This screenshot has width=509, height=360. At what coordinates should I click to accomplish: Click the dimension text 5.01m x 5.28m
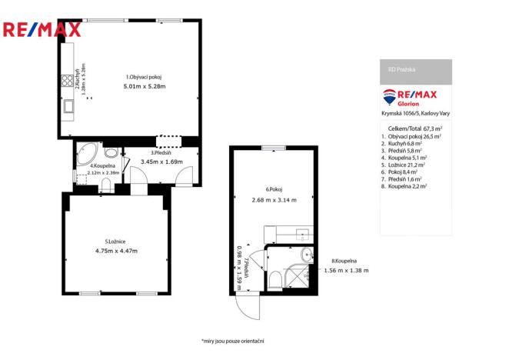click(x=144, y=87)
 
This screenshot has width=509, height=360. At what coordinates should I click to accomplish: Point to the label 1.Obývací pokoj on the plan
click(x=144, y=77)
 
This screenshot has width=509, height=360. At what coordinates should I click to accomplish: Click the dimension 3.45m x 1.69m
click(x=161, y=162)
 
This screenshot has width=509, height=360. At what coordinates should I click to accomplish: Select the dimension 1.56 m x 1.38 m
click(x=346, y=270)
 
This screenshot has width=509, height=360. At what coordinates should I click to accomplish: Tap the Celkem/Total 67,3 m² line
click(x=415, y=128)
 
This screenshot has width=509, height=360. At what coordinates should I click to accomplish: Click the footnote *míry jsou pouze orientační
click(x=232, y=340)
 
